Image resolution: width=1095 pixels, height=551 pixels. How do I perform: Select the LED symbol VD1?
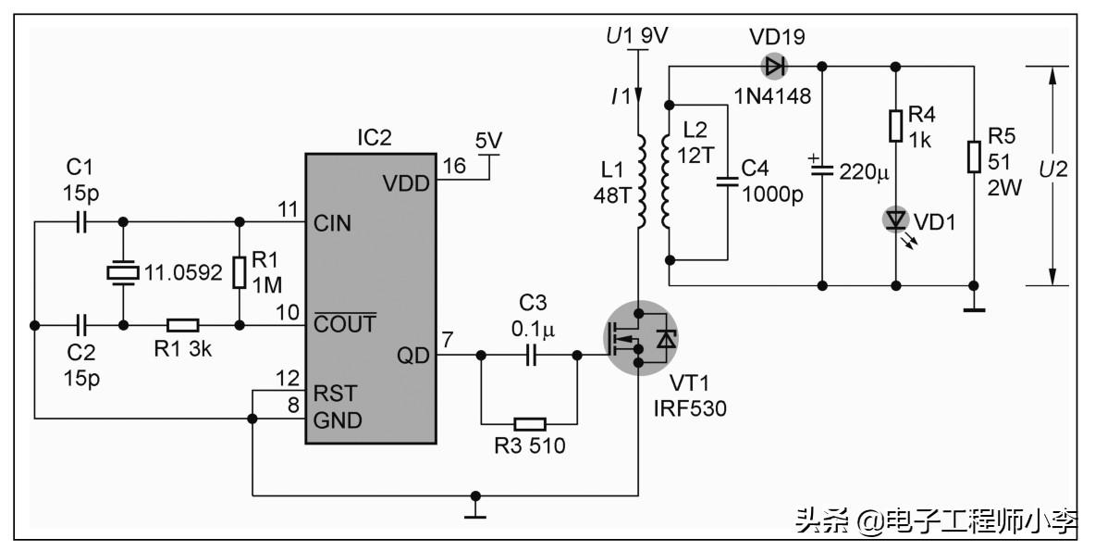coord(895,219)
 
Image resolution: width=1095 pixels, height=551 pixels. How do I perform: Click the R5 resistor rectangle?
coord(973,157)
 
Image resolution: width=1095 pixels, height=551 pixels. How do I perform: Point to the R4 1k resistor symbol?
coord(895,125)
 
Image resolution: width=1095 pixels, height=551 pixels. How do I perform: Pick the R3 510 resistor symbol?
coord(529,424)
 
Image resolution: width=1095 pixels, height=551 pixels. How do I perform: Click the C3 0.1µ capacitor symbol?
coord(530,355)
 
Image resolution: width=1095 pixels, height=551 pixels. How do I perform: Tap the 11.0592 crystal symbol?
coord(122,273)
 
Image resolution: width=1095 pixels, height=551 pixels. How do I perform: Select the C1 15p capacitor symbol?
coord(80,222)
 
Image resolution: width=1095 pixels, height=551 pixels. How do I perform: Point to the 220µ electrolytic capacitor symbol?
coord(822,170)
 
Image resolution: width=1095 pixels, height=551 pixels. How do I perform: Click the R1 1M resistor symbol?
coord(240,273)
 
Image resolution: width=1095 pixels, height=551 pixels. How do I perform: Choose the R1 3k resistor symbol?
coord(182,325)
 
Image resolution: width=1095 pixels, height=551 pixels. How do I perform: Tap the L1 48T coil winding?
coord(639,182)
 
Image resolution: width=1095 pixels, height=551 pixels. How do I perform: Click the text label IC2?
coord(375,137)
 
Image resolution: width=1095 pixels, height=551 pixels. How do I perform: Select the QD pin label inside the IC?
coord(413,356)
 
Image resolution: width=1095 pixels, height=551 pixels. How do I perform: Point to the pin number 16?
coord(454,166)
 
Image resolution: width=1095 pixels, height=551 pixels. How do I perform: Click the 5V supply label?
coord(488,141)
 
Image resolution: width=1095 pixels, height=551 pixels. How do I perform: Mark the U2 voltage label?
coord(1052,169)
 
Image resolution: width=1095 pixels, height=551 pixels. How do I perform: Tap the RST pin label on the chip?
coord(335,393)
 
